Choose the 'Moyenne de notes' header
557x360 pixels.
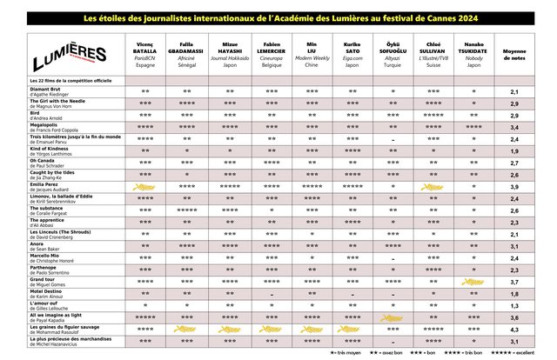513,52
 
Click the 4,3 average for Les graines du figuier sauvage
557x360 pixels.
513,330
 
